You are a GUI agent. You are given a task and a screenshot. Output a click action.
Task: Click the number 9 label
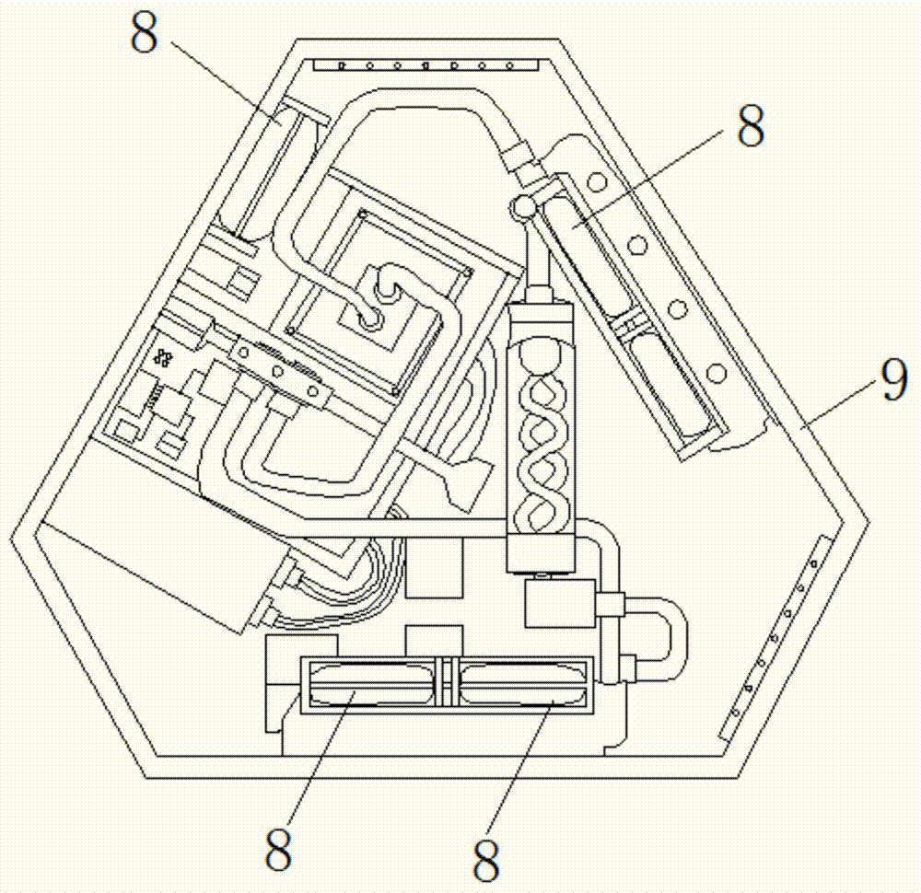click(x=892, y=381)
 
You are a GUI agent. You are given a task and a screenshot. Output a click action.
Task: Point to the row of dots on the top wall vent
click(x=426, y=66)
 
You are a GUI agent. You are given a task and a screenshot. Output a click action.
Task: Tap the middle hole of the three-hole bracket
click(x=275, y=372)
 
